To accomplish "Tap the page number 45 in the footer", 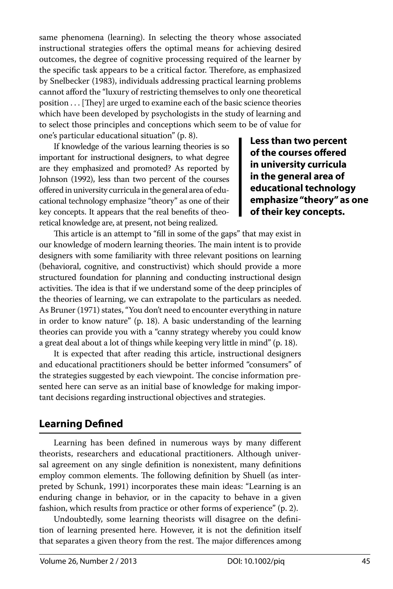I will tap(366, 561).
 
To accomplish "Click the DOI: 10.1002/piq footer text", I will tap(256, 561).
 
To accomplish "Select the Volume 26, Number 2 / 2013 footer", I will tap(88, 561).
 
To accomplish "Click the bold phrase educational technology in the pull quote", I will tap(302, 188).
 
